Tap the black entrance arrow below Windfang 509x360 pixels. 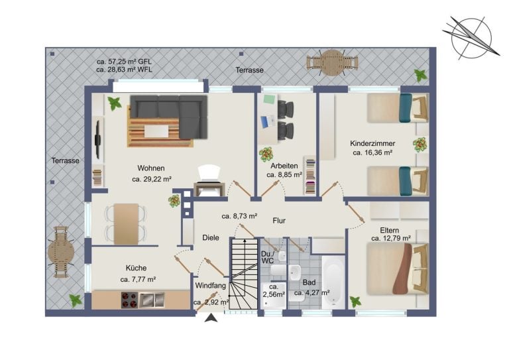tap(211, 318)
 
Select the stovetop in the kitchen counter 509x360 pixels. tap(129, 300)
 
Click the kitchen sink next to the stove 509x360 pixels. tap(152, 300)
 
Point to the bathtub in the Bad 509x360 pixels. tap(333, 282)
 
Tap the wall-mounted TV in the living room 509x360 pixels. tap(97, 140)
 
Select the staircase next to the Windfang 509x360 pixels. tap(244, 274)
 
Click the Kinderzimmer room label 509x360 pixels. tap(372, 143)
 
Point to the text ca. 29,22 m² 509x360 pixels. tap(152, 179)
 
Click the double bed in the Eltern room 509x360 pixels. tap(398, 269)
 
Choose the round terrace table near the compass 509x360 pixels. tap(332, 62)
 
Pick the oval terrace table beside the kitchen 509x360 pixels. tap(61, 252)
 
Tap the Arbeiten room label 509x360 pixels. tap(284, 166)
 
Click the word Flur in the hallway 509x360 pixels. tap(279, 221)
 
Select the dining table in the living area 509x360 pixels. tap(127, 224)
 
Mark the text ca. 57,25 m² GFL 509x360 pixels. tap(124, 62)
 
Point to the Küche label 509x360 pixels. tap(136, 268)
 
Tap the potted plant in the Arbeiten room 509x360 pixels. tap(266, 154)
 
